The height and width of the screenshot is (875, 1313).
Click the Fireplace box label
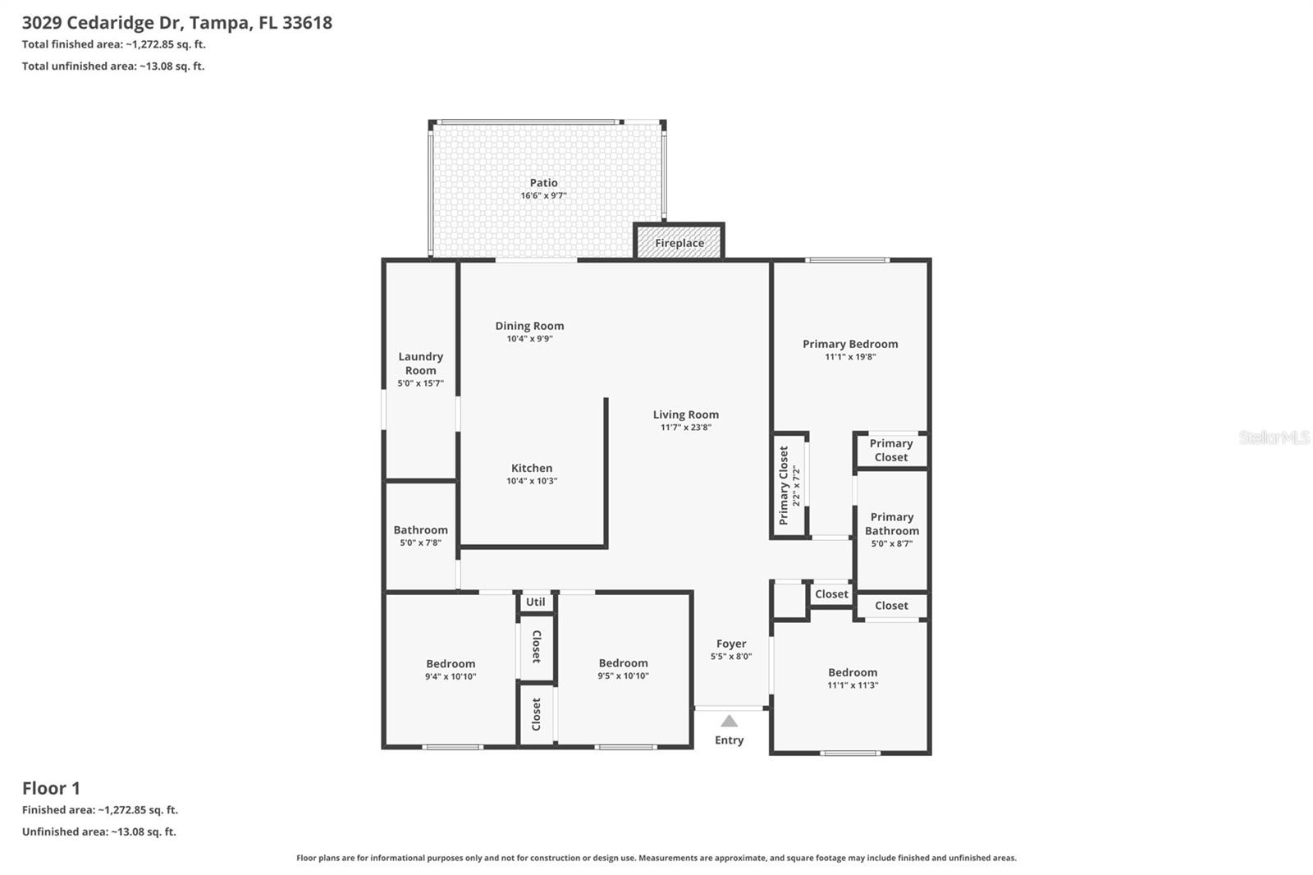[x=679, y=243]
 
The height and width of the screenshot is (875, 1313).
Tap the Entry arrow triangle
[x=729, y=722]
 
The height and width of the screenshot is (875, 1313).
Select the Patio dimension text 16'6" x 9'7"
[x=543, y=196]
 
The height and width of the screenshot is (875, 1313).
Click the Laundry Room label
[x=420, y=363]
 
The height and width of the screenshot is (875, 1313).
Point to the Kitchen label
[x=532, y=468]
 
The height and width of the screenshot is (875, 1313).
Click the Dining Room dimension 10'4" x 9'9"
[x=529, y=338]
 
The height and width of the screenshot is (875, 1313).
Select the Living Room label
[x=685, y=415]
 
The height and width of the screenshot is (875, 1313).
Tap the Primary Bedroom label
[x=850, y=344]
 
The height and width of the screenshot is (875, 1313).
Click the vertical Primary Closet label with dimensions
[x=788, y=485]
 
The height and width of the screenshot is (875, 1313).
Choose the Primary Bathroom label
[x=891, y=524]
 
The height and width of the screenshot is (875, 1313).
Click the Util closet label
[x=535, y=602]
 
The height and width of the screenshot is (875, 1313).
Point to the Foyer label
[x=730, y=644]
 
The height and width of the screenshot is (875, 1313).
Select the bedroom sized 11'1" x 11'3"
[x=852, y=678]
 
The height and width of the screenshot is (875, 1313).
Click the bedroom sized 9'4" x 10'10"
[x=451, y=670]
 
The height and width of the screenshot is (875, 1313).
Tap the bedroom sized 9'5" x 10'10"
[x=623, y=669]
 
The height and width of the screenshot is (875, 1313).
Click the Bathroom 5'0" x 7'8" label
[x=420, y=535]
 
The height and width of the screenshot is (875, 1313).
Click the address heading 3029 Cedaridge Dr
[x=176, y=22]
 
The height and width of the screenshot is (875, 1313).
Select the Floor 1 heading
[x=51, y=788]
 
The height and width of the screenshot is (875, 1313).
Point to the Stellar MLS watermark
[x=1274, y=438]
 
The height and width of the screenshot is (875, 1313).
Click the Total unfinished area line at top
[x=113, y=66]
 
